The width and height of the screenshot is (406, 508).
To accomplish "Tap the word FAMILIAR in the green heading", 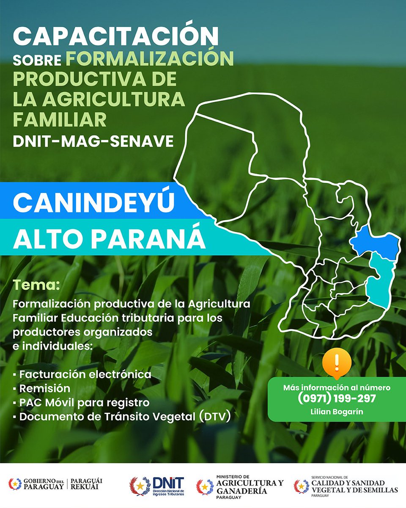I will (60, 120).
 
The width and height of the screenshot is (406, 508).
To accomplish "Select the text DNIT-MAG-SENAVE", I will (93, 141).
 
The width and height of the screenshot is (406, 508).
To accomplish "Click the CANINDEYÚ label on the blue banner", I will (93, 203).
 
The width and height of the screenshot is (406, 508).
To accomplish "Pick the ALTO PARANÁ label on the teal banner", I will (109, 240).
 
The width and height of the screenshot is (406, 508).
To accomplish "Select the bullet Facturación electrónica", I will (85, 374).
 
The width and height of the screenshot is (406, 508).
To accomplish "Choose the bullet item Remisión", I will (44, 388).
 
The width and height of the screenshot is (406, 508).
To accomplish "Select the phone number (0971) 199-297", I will (337, 398).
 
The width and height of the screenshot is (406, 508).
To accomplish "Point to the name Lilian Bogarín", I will (337, 411).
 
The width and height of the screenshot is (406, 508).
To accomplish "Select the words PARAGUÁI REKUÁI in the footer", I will (86, 483).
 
